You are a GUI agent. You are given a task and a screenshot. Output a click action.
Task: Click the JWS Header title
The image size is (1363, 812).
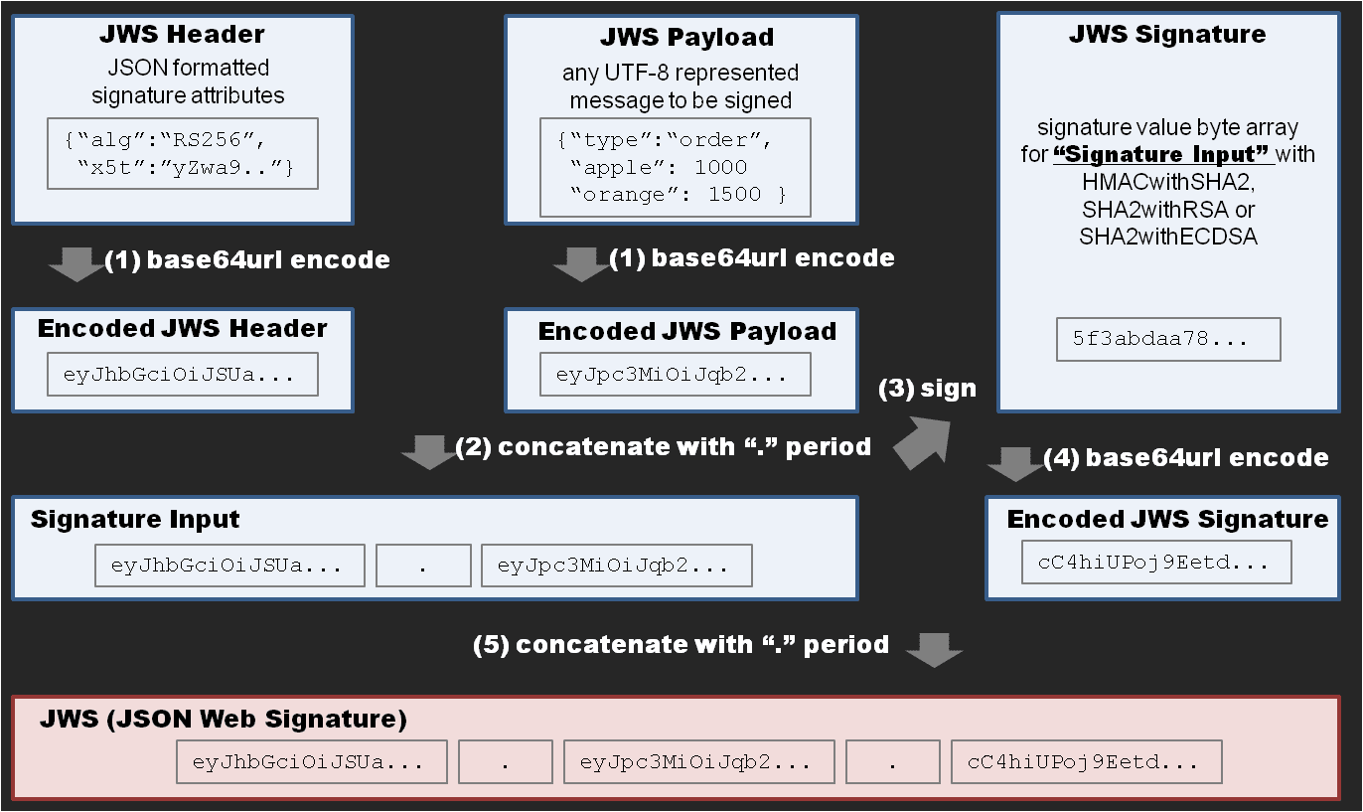pyautogui.click(x=182, y=35)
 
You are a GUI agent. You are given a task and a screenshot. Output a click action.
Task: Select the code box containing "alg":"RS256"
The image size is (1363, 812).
pyautogui.click(x=182, y=154)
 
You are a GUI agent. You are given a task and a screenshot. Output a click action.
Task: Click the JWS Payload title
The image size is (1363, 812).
pyautogui.click(x=686, y=38)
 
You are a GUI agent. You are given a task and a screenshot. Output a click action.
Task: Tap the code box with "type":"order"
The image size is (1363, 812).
pyautogui.click(x=675, y=167)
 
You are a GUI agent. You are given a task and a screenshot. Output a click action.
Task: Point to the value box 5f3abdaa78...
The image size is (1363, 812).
pyautogui.click(x=1168, y=339)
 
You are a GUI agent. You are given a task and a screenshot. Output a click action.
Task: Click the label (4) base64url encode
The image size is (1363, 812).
pyautogui.click(x=1186, y=457)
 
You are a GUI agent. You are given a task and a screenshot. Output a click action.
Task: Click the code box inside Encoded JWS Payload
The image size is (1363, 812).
pyautogui.click(x=675, y=375)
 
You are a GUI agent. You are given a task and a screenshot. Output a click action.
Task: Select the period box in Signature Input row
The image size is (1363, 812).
pyautogui.click(x=423, y=566)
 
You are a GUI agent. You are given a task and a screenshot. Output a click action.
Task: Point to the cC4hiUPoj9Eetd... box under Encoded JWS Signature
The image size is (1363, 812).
pyautogui.click(x=1156, y=563)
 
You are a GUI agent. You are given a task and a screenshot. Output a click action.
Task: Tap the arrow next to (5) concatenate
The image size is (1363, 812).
pyautogui.click(x=935, y=648)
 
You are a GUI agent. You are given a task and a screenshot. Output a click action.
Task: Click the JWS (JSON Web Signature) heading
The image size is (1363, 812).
pyautogui.click(x=224, y=719)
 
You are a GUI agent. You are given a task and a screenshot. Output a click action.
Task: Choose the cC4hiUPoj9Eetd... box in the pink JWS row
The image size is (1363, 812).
pyautogui.click(x=1086, y=763)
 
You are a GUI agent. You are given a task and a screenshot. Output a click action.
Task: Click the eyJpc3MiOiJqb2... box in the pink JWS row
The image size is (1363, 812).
pyautogui.click(x=694, y=763)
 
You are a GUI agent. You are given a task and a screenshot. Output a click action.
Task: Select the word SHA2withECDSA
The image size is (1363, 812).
pyautogui.click(x=1167, y=237)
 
